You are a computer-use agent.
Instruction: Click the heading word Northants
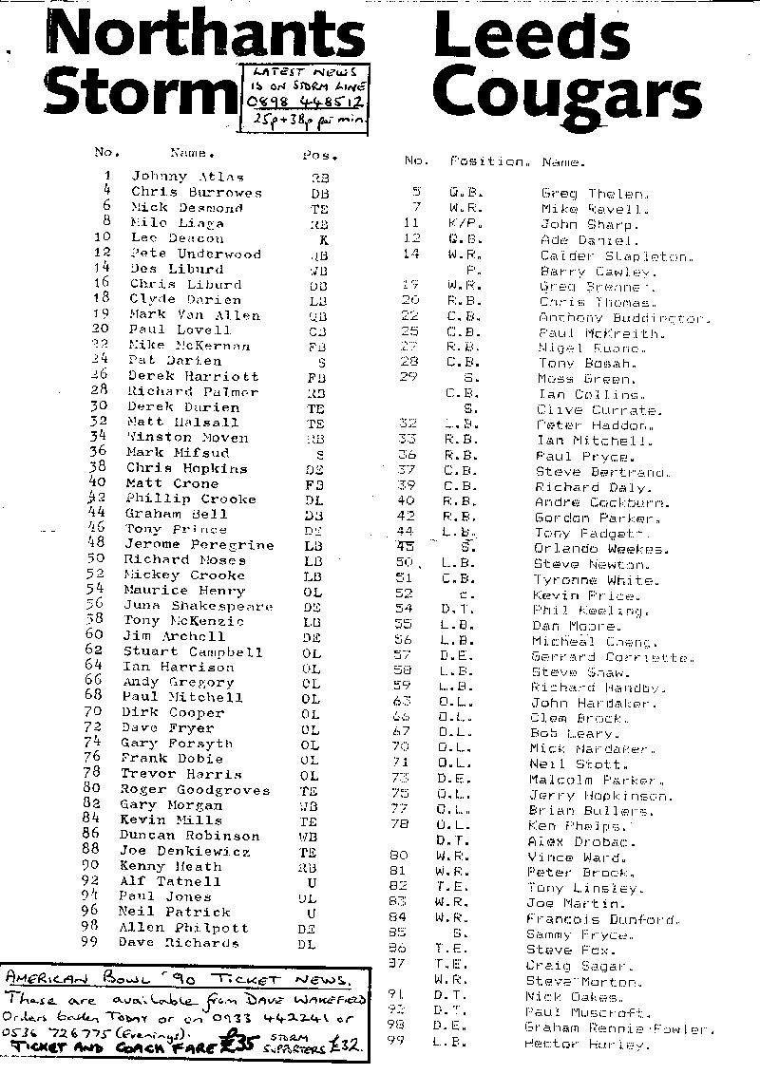[205, 38]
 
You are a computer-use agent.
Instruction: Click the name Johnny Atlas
[187, 177]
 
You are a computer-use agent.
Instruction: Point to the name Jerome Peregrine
[199, 545]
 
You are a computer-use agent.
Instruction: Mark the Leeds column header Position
[488, 162]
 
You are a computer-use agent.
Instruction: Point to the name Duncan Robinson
[189, 836]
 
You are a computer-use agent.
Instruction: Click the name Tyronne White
[594, 580]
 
